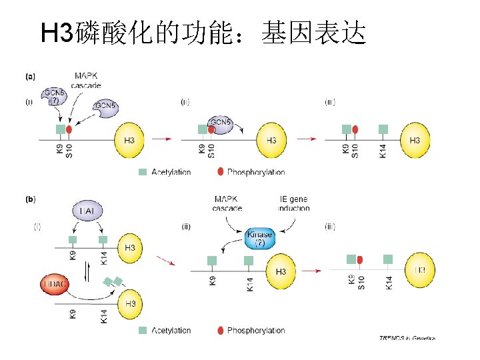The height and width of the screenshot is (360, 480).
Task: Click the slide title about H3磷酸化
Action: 203,32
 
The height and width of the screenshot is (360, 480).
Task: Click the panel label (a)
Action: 31,77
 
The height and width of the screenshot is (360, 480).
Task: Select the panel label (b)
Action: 31,199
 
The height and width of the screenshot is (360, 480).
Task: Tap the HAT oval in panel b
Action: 87,211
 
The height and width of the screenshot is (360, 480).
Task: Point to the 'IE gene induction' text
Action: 293,203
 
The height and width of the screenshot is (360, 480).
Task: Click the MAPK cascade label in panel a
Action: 87,81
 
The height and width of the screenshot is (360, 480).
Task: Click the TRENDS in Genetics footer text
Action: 407,338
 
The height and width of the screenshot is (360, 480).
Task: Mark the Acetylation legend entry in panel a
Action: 165,172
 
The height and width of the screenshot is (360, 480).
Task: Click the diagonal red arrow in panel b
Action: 165,260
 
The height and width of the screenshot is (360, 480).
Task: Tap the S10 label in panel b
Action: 361,282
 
